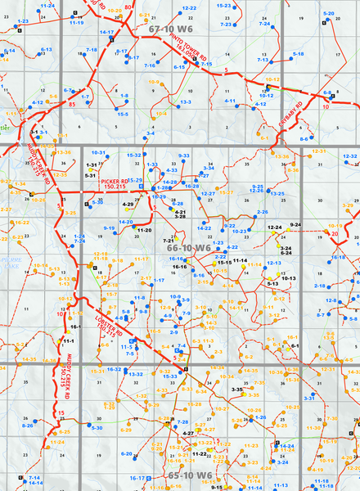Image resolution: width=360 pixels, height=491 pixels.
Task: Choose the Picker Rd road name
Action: pyautogui.click(x=114, y=182)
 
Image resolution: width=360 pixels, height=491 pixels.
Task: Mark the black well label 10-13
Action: pyautogui.click(x=288, y=279)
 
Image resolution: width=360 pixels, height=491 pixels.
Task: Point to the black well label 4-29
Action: pyautogui.click(x=128, y=202)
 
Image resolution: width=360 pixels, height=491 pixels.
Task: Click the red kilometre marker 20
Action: pyautogui.click(x=334, y=235)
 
